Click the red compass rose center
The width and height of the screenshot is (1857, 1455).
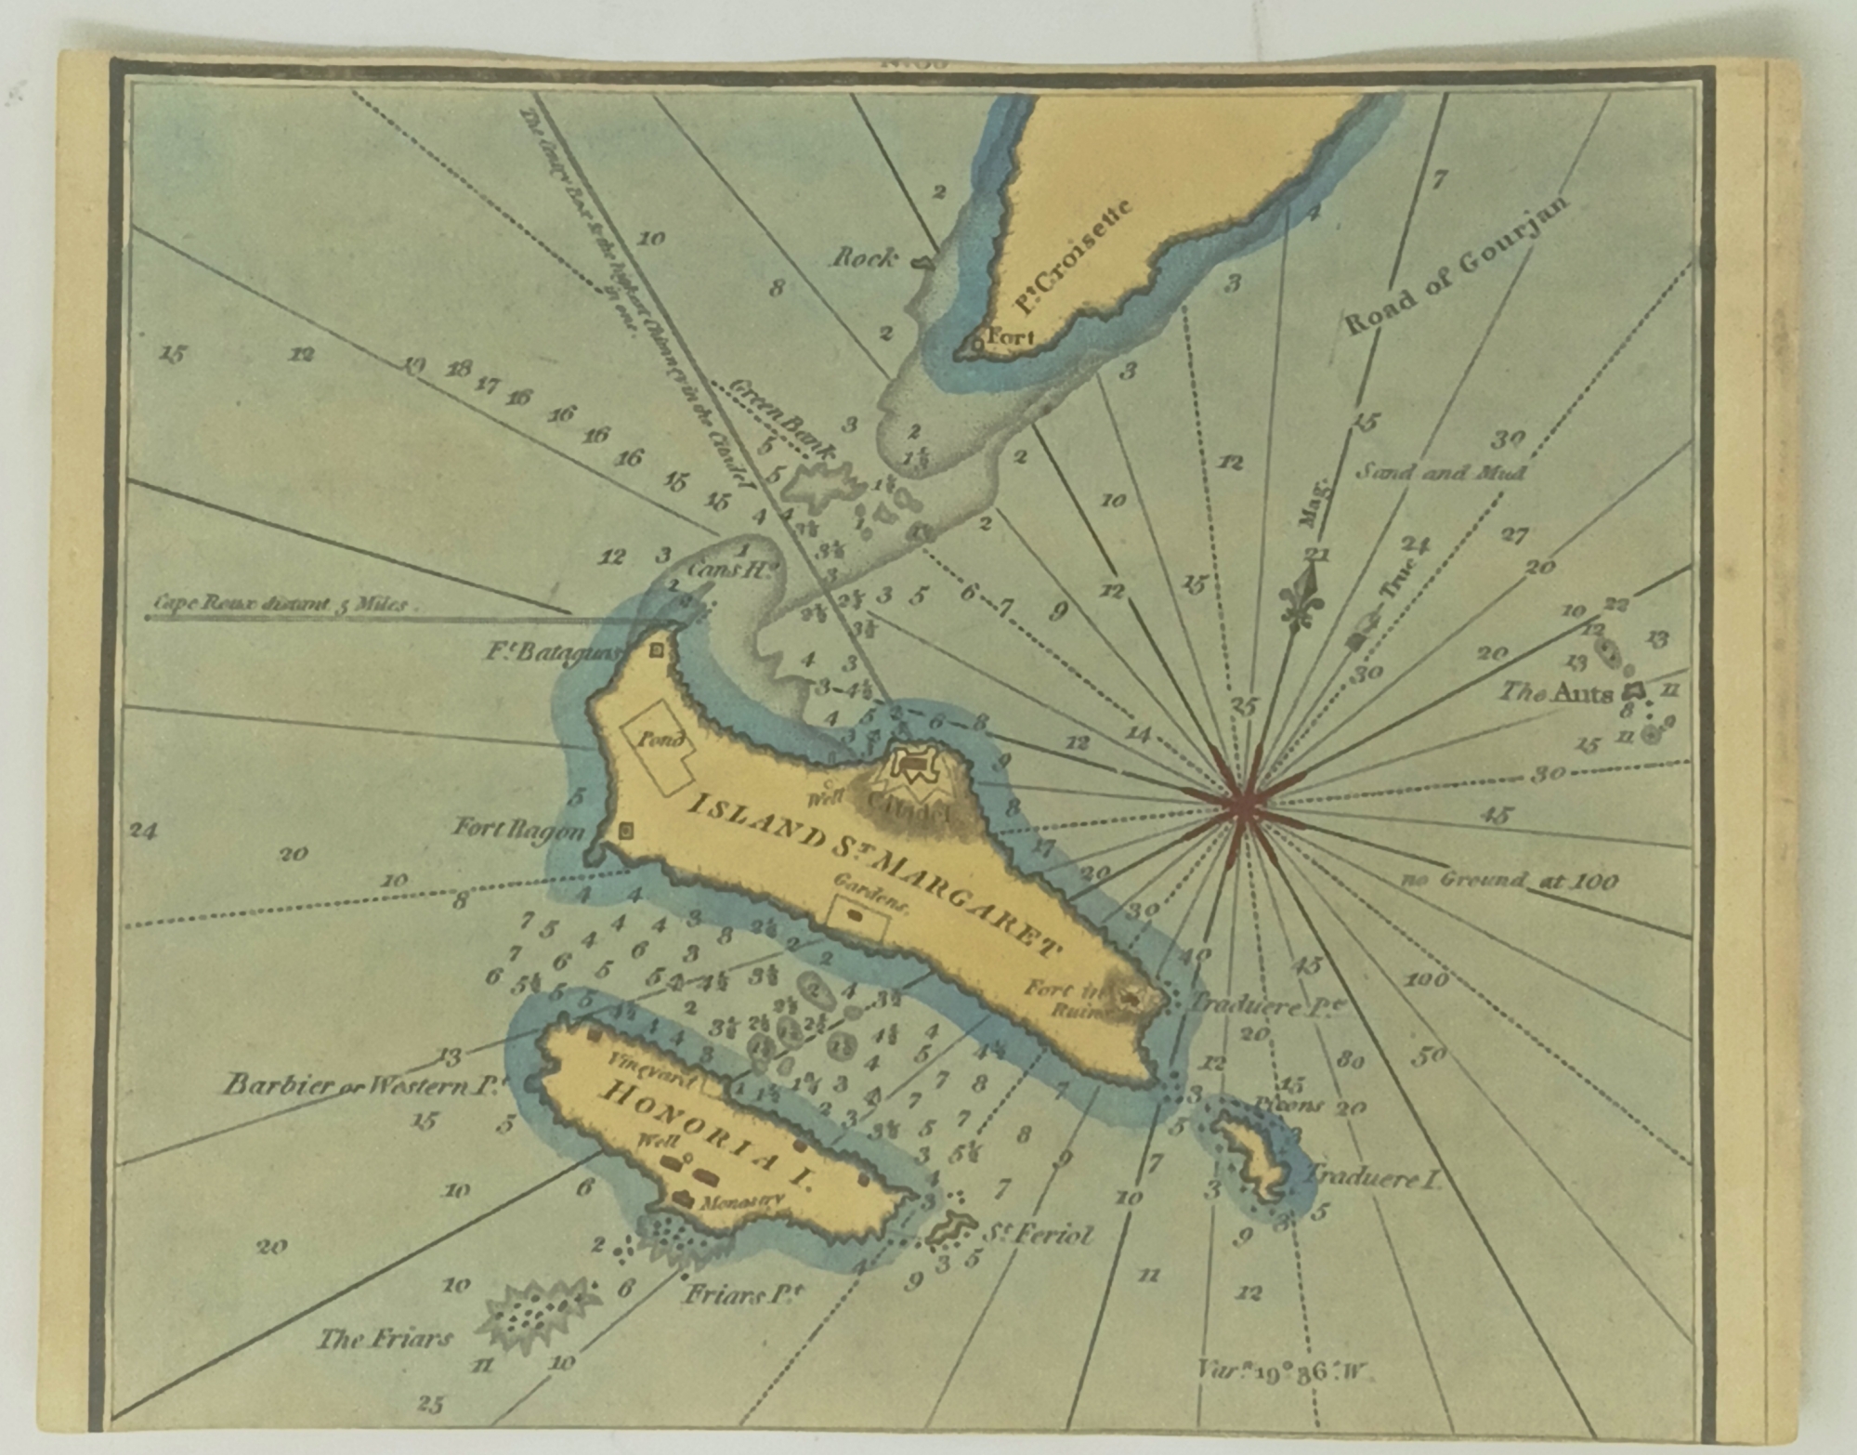coord(1242,806)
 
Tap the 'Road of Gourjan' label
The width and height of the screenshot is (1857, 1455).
coord(1456,267)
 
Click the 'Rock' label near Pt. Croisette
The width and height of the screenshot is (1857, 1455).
coord(864,257)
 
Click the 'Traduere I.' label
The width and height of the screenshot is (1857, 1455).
coord(1373,1178)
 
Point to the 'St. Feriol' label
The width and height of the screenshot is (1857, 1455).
coord(1037,1234)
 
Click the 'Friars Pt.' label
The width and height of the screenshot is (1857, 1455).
coord(742,1292)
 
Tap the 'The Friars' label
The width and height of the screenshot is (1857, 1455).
coord(385,1338)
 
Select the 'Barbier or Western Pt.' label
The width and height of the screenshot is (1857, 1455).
coord(363,1084)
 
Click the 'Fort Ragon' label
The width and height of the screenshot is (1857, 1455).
coord(518,828)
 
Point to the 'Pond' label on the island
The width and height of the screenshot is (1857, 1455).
coord(660,740)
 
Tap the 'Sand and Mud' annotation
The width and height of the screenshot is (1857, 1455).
coord(1441,472)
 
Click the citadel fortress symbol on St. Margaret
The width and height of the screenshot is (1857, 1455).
coord(914,766)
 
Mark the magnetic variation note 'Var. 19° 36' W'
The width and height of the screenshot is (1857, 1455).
coord(1285,1370)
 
